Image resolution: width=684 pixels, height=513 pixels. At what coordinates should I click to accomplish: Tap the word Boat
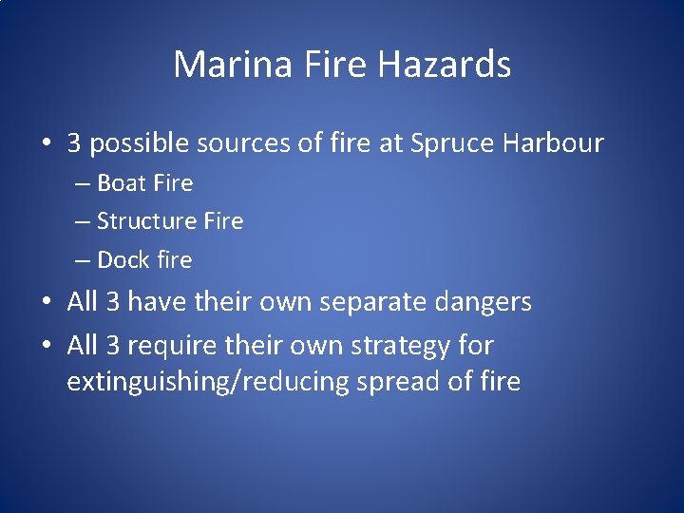[x=119, y=182]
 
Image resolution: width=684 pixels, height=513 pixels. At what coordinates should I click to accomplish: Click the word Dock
[x=121, y=259]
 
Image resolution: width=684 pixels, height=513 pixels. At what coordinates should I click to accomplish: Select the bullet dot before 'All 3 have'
[x=47, y=303]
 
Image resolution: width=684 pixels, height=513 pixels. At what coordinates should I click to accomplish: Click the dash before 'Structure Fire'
[x=84, y=221]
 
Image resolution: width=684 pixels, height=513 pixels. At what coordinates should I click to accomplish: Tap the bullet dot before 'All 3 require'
[x=47, y=346]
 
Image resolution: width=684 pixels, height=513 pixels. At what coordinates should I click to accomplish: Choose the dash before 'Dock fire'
[x=84, y=259]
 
